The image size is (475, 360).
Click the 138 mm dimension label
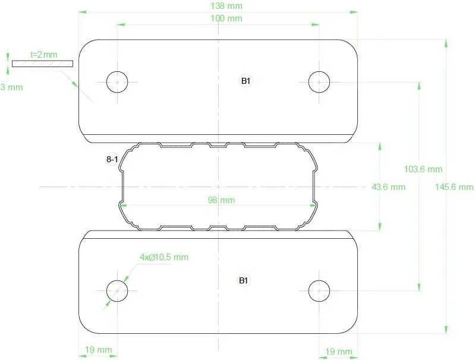click(227, 6)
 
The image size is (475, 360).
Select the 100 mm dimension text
click(227, 18)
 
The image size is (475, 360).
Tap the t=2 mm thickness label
click(44, 55)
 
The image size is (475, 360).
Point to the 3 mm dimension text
click(11, 87)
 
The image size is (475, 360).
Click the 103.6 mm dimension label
click(423, 169)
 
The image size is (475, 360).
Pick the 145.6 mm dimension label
click(454, 187)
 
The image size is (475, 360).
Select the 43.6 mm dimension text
click(388, 187)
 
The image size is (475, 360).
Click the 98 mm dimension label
click(221, 200)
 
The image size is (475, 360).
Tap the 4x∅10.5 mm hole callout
click(164, 257)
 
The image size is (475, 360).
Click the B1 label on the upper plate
click(246, 81)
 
